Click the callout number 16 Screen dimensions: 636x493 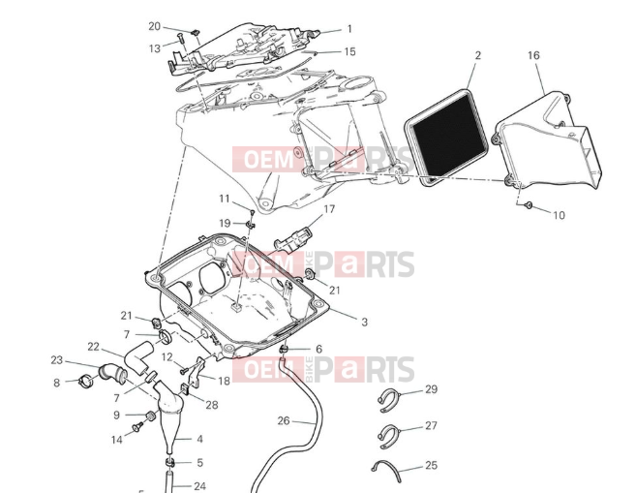pos(533,55)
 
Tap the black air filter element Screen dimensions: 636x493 pos(446,137)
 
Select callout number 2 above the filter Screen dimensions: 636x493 pos(478,55)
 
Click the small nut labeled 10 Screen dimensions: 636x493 pos(529,205)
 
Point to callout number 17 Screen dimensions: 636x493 pos(329,209)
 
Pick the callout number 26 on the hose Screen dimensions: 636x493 pos(284,421)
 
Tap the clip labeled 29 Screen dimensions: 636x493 pos(388,400)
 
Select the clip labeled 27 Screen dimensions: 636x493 pos(388,436)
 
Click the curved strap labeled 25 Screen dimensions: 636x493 pos(387,471)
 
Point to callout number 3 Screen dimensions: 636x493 pos(364,322)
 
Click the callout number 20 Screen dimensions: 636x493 pos(154,26)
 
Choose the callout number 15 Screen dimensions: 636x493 pos(349,51)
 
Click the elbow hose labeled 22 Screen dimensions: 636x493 pos(138,357)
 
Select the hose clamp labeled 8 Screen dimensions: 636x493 pos(87,380)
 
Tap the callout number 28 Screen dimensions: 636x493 pos(212,405)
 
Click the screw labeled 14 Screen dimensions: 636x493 pos(137,426)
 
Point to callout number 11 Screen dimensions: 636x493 pos(225,199)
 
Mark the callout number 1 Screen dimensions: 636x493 pos(349,29)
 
